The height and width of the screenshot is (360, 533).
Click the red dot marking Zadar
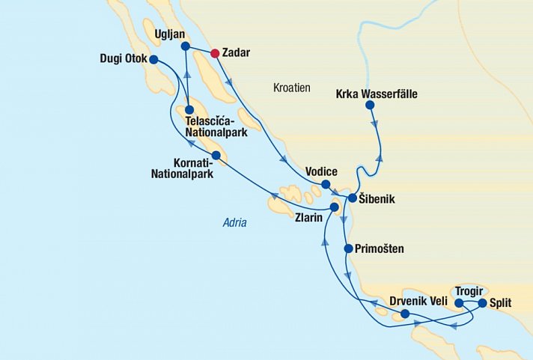[x=215, y=53]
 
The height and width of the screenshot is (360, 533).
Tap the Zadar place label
[x=237, y=53]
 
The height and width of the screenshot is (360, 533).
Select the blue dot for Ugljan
[x=186, y=46]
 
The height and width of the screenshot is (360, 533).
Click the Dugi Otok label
[x=123, y=58]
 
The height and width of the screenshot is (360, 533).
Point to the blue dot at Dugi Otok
[x=153, y=59]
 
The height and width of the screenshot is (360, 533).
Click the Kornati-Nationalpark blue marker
[x=216, y=155]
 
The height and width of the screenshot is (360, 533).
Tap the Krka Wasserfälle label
[x=377, y=94]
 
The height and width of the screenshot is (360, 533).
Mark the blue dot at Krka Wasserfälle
[x=370, y=106]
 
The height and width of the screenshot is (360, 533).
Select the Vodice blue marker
[x=326, y=184]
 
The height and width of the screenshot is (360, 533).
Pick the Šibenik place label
[x=377, y=200]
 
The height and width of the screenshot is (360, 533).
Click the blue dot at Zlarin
[x=334, y=206]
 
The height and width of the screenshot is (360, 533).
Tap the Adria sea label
[x=234, y=222]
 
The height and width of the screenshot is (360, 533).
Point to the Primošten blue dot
[x=348, y=248]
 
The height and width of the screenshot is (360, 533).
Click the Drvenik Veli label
[x=418, y=302]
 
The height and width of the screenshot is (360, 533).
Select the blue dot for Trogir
[x=459, y=303]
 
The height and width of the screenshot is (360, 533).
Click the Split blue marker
[x=482, y=303]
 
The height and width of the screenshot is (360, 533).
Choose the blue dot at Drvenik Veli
[x=405, y=314]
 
